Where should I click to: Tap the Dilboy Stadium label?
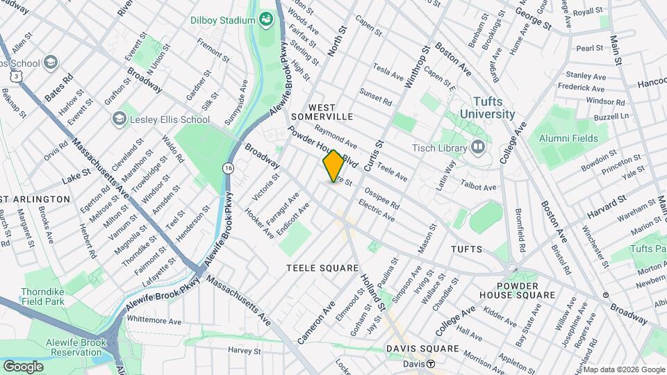pos(222,20)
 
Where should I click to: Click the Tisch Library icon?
pos(477,147)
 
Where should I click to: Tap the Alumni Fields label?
pos(572,138)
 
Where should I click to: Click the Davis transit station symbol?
pos(431,364)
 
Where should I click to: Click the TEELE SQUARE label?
pos(322,268)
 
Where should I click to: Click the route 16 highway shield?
pos(228,168)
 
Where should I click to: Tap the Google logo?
pos(23,366)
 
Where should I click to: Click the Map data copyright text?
pos(625,369)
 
